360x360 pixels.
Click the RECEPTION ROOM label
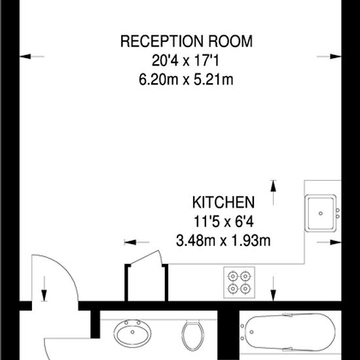(x=186, y=41)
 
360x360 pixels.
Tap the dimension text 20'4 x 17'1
(x=185, y=61)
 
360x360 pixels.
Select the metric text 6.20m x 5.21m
(x=186, y=80)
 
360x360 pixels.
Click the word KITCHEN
(x=223, y=202)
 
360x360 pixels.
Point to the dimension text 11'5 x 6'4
(x=224, y=221)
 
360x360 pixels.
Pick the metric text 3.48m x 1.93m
(x=223, y=241)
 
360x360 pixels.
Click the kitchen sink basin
(x=321, y=213)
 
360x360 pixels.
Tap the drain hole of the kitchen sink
(x=321, y=213)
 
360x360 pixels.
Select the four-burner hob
(x=239, y=282)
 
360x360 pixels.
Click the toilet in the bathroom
(x=192, y=335)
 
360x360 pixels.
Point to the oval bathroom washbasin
(x=132, y=334)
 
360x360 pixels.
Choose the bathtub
(x=290, y=332)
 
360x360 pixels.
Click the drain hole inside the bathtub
(x=251, y=332)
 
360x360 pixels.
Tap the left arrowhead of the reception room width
(x=26, y=56)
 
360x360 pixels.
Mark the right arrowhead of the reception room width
(x=336, y=56)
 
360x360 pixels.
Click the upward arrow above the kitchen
(x=273, y=192)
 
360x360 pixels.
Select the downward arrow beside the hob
(x=273, y=289)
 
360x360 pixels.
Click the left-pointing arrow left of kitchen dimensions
(x=137, y=242)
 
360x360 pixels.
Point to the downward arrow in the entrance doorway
(x=44, y=289)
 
